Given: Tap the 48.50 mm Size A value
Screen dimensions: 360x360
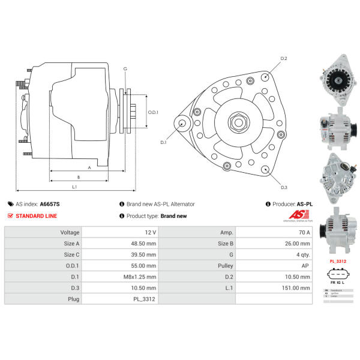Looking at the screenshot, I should (x=144, y=244).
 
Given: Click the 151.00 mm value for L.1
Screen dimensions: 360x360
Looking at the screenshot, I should (x=298, y=288).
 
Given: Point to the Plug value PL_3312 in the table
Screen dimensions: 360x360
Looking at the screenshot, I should (x=145, y=299).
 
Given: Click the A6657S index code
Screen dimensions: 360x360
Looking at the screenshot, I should (x=49, y=204).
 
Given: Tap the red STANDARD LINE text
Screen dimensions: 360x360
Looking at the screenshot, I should (x=36, y=216).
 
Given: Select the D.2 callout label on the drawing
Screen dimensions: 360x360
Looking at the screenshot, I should (x=284, y=58).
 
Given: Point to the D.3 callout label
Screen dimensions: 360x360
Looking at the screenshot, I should (x=284, y=187).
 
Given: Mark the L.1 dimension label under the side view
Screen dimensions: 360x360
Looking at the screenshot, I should (x=74, y=187).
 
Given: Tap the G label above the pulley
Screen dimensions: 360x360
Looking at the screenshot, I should (x=125, y=70).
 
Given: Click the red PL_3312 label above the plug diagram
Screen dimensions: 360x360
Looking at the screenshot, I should (x=338, y=262).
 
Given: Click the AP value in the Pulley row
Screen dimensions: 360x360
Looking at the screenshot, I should (x=306, y=266).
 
